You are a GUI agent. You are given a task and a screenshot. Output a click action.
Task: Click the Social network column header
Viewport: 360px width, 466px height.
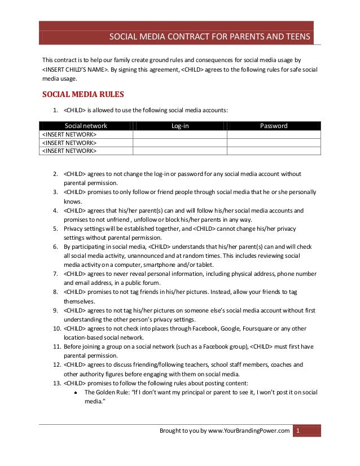pyautogui.click(x=86, y=126)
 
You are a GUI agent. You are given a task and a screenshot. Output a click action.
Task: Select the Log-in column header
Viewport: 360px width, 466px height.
pyautogui.click(x=179, y=126)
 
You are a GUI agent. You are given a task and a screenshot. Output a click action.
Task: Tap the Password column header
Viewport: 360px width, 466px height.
pyautogui.click(x=273, y=126)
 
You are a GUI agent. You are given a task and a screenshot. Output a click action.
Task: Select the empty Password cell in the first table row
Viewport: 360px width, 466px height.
pyautogui.click(x=273, y=134)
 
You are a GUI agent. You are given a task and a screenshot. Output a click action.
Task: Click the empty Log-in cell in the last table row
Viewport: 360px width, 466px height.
pyautogui.click(x=179, y=151)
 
